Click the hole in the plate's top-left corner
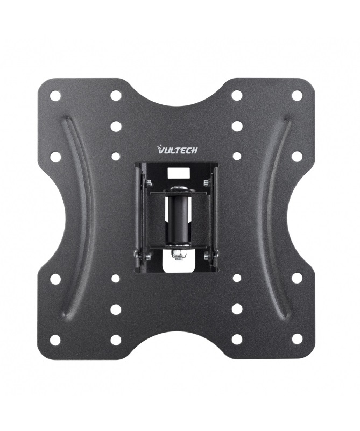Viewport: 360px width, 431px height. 55,96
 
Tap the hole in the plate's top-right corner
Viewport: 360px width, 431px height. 297,96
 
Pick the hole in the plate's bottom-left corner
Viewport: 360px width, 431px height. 55,340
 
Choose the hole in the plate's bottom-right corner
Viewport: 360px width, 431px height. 297,339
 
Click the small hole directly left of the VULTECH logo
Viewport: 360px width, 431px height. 116,156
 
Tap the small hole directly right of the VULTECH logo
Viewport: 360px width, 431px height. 237,156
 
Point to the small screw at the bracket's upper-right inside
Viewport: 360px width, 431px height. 207,183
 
